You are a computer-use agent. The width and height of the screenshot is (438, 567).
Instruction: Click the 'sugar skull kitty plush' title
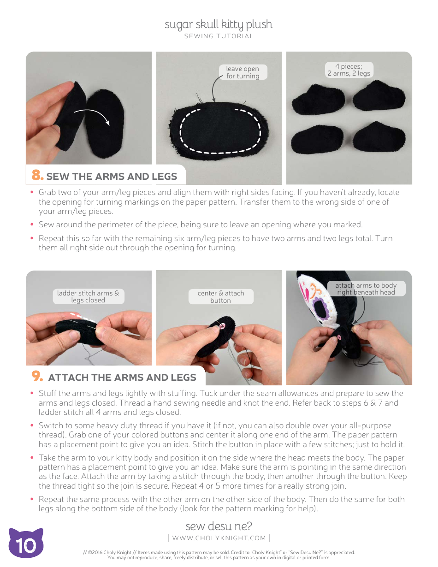click(x=219, y=24)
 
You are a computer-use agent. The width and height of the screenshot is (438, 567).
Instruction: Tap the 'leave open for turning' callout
click(x=243, y=72)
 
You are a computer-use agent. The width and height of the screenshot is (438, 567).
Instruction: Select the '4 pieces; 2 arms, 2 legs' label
click(x=349, y=70)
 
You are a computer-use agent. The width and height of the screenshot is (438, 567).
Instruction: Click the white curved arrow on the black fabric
click(x=92, y=116)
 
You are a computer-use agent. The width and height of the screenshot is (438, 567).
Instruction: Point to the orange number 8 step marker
click(x=37, y=176)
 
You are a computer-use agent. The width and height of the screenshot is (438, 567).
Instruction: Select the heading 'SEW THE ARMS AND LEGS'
click(x=112, y=177)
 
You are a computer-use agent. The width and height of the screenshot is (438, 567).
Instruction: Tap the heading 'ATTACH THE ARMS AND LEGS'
click(x=122, y=378)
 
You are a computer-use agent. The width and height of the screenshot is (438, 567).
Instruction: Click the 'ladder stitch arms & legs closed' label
click(x=88, y=296)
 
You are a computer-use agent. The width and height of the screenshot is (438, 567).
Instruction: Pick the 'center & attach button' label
click(x=221, y=296)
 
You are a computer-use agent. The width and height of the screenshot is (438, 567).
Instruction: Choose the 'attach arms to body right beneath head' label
click(x=366, y=289)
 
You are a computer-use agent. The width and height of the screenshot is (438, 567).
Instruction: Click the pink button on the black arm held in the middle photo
click(x=222, y=326)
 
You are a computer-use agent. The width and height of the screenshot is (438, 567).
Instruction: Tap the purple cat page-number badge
click(x=26, y=544)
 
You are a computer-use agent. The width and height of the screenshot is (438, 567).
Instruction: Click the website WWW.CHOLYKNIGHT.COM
click(x=219, y=538)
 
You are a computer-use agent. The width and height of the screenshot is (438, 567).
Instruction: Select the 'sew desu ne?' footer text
click(x=219, y=526)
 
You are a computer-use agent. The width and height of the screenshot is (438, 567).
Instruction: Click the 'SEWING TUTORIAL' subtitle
click(x=219, y=36)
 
